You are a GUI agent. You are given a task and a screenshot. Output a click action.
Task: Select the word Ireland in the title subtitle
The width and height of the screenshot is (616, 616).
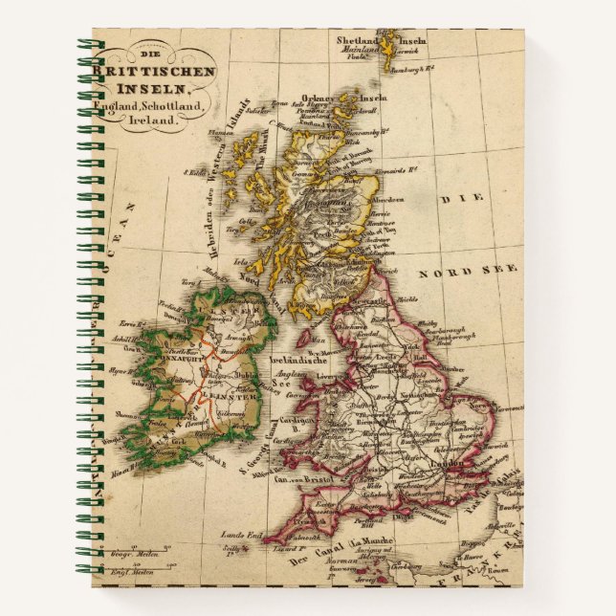pos(152,121)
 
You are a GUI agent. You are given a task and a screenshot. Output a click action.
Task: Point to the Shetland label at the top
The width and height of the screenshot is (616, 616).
pos(356,40)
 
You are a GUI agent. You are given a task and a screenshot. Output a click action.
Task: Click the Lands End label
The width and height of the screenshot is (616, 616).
pos(235,534)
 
